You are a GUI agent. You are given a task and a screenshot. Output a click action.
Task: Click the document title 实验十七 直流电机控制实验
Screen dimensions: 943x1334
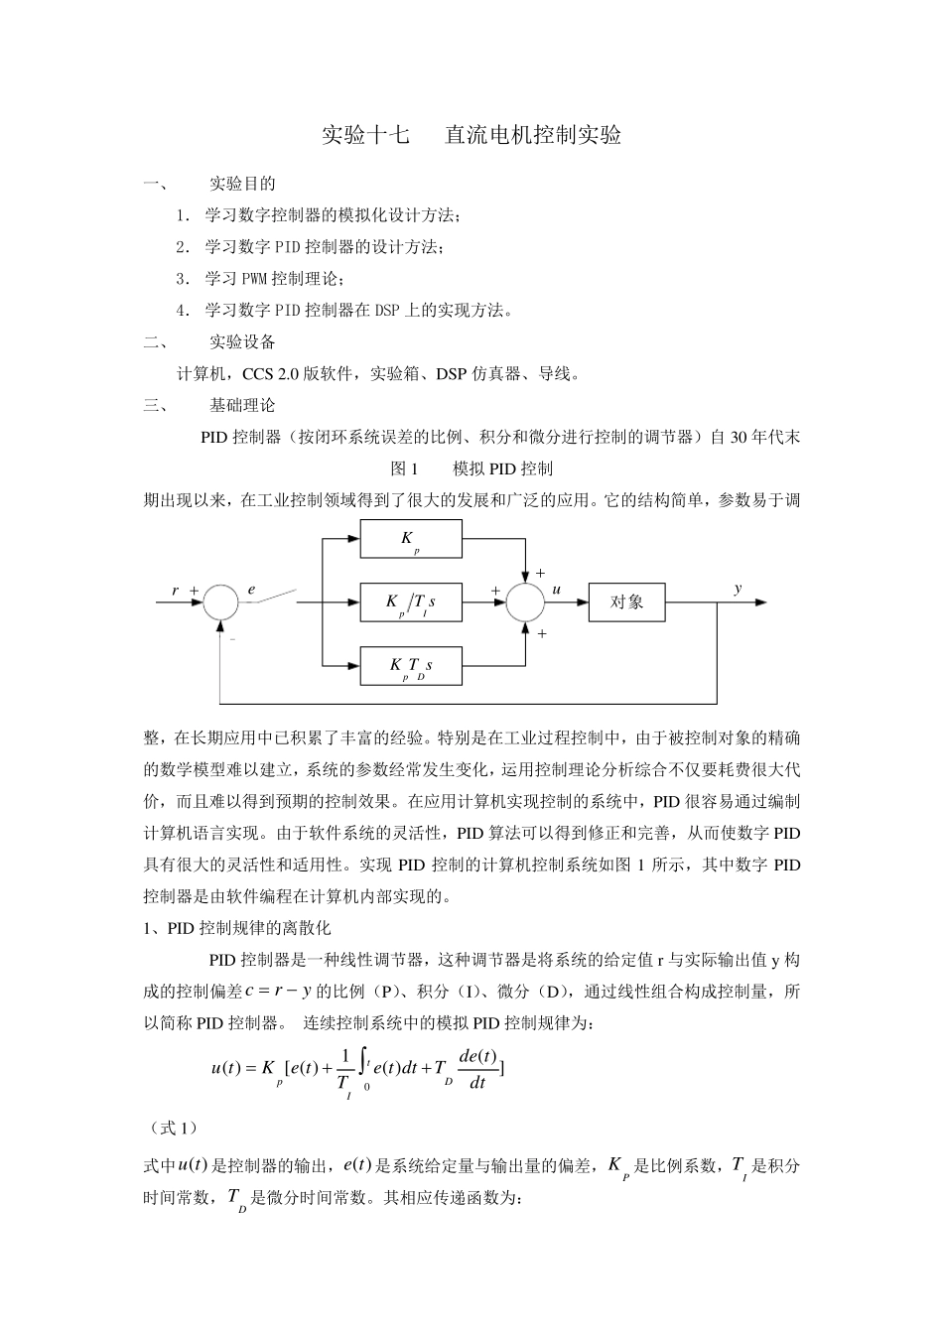pos(471,136)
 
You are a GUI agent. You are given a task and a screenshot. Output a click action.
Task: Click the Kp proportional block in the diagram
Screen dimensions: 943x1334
pos(411,540)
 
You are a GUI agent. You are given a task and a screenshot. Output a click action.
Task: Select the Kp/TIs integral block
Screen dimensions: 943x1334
pos(411,602)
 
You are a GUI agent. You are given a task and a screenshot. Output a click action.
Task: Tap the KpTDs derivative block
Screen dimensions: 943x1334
pos(411,666)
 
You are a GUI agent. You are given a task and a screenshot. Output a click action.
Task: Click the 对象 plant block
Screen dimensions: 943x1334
pos(626,602)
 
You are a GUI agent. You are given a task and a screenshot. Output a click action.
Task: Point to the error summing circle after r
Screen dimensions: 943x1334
pos(220,602)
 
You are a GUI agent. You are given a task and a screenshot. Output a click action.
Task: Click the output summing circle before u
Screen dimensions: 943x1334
pos(524,602)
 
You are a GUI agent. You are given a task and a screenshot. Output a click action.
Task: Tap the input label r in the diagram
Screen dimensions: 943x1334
pos(176,591)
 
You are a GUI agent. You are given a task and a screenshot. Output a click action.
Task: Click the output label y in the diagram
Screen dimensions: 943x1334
pos(738,589)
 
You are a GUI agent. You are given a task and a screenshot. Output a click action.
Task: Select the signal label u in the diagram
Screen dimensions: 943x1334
pos(557,590)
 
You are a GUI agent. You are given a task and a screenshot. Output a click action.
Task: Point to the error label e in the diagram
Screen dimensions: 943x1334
pos(251,590)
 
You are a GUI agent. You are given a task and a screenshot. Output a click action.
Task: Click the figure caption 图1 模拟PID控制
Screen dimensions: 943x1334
pos(471,468)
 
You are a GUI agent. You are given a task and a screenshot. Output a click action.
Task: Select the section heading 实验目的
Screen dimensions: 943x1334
pos(242,184)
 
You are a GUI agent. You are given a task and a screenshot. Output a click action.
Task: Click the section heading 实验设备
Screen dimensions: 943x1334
pos(242,342)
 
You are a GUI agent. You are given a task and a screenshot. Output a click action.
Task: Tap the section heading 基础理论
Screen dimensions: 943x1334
pos(242,405)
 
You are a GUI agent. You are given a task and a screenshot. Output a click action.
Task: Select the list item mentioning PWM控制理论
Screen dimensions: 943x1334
pos(273,279)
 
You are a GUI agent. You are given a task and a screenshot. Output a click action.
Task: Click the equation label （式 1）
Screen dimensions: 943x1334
pos(171,1129)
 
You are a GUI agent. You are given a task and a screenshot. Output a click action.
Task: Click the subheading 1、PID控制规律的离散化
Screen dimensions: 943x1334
pos(237,929)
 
